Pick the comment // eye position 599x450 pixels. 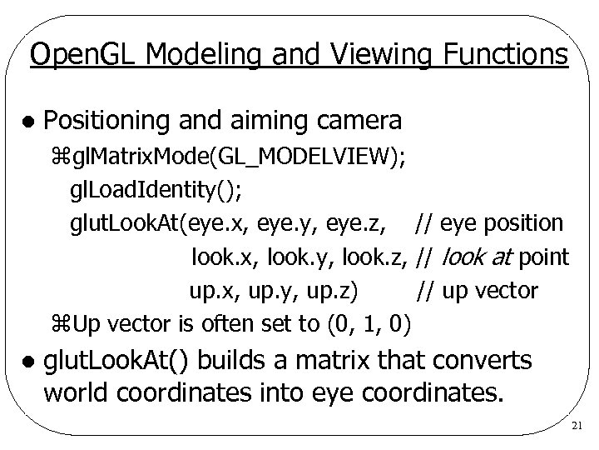click(490, 223)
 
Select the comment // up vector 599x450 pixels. click(478, 291)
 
